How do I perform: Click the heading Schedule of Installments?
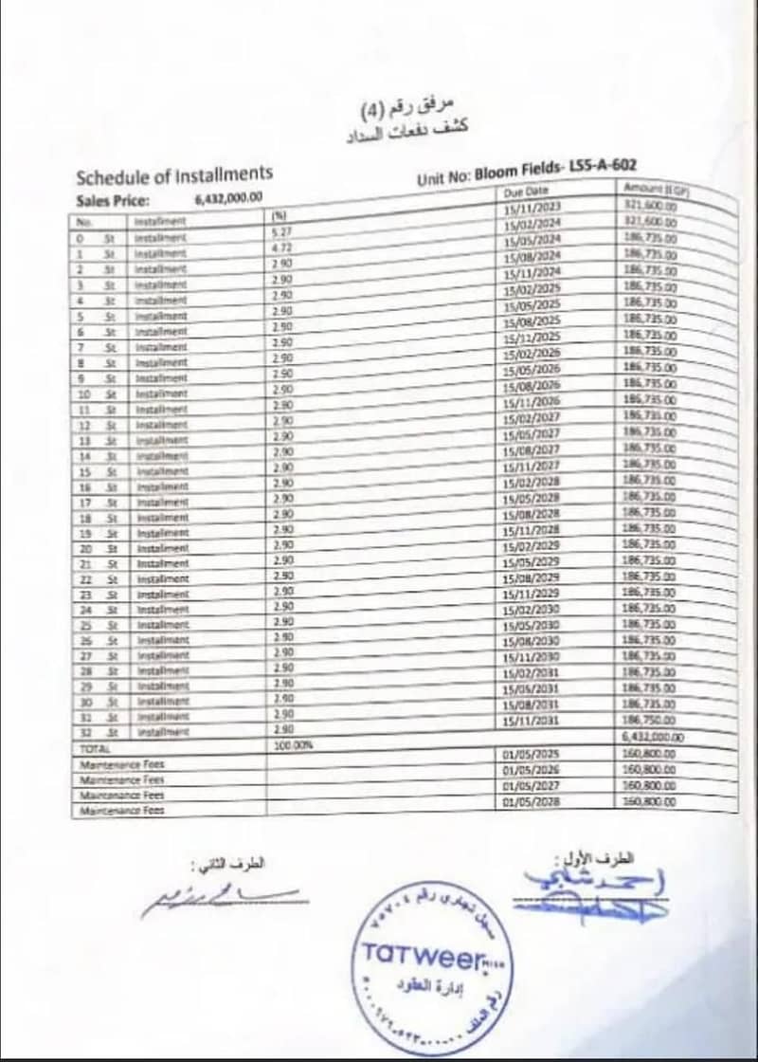click(173, 174)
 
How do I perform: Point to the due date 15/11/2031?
click(531, 720)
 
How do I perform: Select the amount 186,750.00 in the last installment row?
click(649, 721)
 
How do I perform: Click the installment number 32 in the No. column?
click(84, 731)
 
